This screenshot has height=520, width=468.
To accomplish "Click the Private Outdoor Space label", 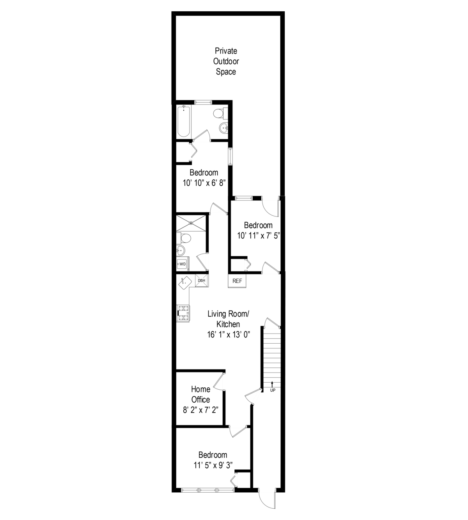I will [226, 61].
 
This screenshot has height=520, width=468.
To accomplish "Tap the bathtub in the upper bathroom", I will [184, 121].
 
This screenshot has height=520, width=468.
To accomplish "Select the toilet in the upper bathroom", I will [218, 114].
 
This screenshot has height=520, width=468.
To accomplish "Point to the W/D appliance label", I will [182, 264].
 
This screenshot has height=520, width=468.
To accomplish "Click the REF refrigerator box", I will [237, 281].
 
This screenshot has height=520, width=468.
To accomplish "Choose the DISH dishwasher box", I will [201, 280].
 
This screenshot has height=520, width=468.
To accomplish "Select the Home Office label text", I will [200, 394].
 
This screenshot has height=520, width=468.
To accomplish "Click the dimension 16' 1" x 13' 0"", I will [229, 334].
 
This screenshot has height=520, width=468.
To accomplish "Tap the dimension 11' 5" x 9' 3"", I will [213, 465].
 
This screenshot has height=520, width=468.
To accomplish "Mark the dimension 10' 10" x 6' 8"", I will [204, 183].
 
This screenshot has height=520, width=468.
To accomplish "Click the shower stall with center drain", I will [191, 222].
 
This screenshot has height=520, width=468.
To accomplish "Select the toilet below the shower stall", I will [185, 238].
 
